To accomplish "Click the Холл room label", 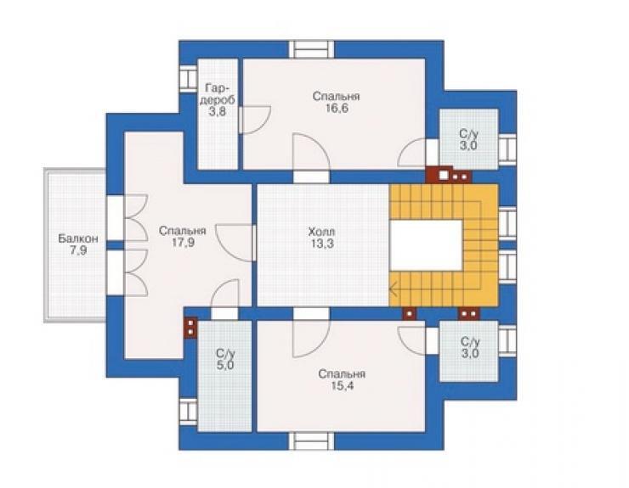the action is pyautogui.click(x=321, y=232).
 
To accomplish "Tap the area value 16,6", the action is pyautogui.click(x=337, y=109).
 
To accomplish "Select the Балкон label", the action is pyautogui.click(x=78, y=238).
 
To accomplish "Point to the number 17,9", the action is pyautogui.click(x=183, y=243).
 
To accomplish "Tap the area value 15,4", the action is pyautogui.click(x=343, y=386).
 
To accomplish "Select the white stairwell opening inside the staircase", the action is pyautogui.click(x=427, y=245).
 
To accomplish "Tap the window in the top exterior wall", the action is pyautogui.click(x=311, y=50).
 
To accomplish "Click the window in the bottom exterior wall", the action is pyautogui.click(x=311, y=441).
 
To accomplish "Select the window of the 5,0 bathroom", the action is pyautogui.click(x=188, y=412).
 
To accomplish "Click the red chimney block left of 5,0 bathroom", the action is pyautogui.click(x=190, y=328).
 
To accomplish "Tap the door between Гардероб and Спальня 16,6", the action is pyautogui.click(x=255, y=120).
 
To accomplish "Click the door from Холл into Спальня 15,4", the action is pyautogui.click(x=311, y=333).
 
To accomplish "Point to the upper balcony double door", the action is pyautogui.click(x=127, y=217).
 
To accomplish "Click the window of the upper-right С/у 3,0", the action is pyautogui.click(x=507, y=149).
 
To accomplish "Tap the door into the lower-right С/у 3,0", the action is pyautogui.click(x=412, y=340).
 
